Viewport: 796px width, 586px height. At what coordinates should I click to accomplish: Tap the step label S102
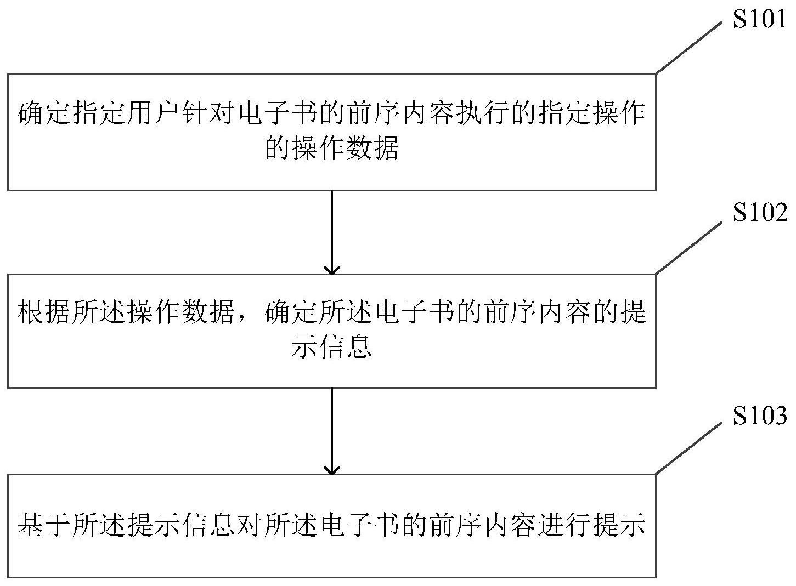tap(760, 212)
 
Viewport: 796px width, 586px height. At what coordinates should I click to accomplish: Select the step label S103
tap(760, 415)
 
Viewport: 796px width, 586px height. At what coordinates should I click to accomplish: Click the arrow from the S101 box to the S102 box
tap(332, 232)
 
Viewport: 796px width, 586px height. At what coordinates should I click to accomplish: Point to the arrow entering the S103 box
tap(332, 431)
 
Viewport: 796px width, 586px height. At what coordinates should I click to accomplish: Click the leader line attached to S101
tap(688, 48)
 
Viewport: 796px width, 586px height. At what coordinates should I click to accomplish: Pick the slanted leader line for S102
tap(688, 248)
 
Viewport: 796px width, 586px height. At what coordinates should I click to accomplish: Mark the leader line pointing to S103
tap(688, 448)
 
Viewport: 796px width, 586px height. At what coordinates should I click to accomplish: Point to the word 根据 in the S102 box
tap(44, 312)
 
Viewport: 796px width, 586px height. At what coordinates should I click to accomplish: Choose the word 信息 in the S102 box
tap(345, 346)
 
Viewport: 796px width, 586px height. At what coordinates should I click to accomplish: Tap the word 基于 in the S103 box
tap(44, 525)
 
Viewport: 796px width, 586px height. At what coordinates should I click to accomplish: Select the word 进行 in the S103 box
tap(564, 525)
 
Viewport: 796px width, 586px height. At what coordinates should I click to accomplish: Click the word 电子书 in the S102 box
tap(414, 312)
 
